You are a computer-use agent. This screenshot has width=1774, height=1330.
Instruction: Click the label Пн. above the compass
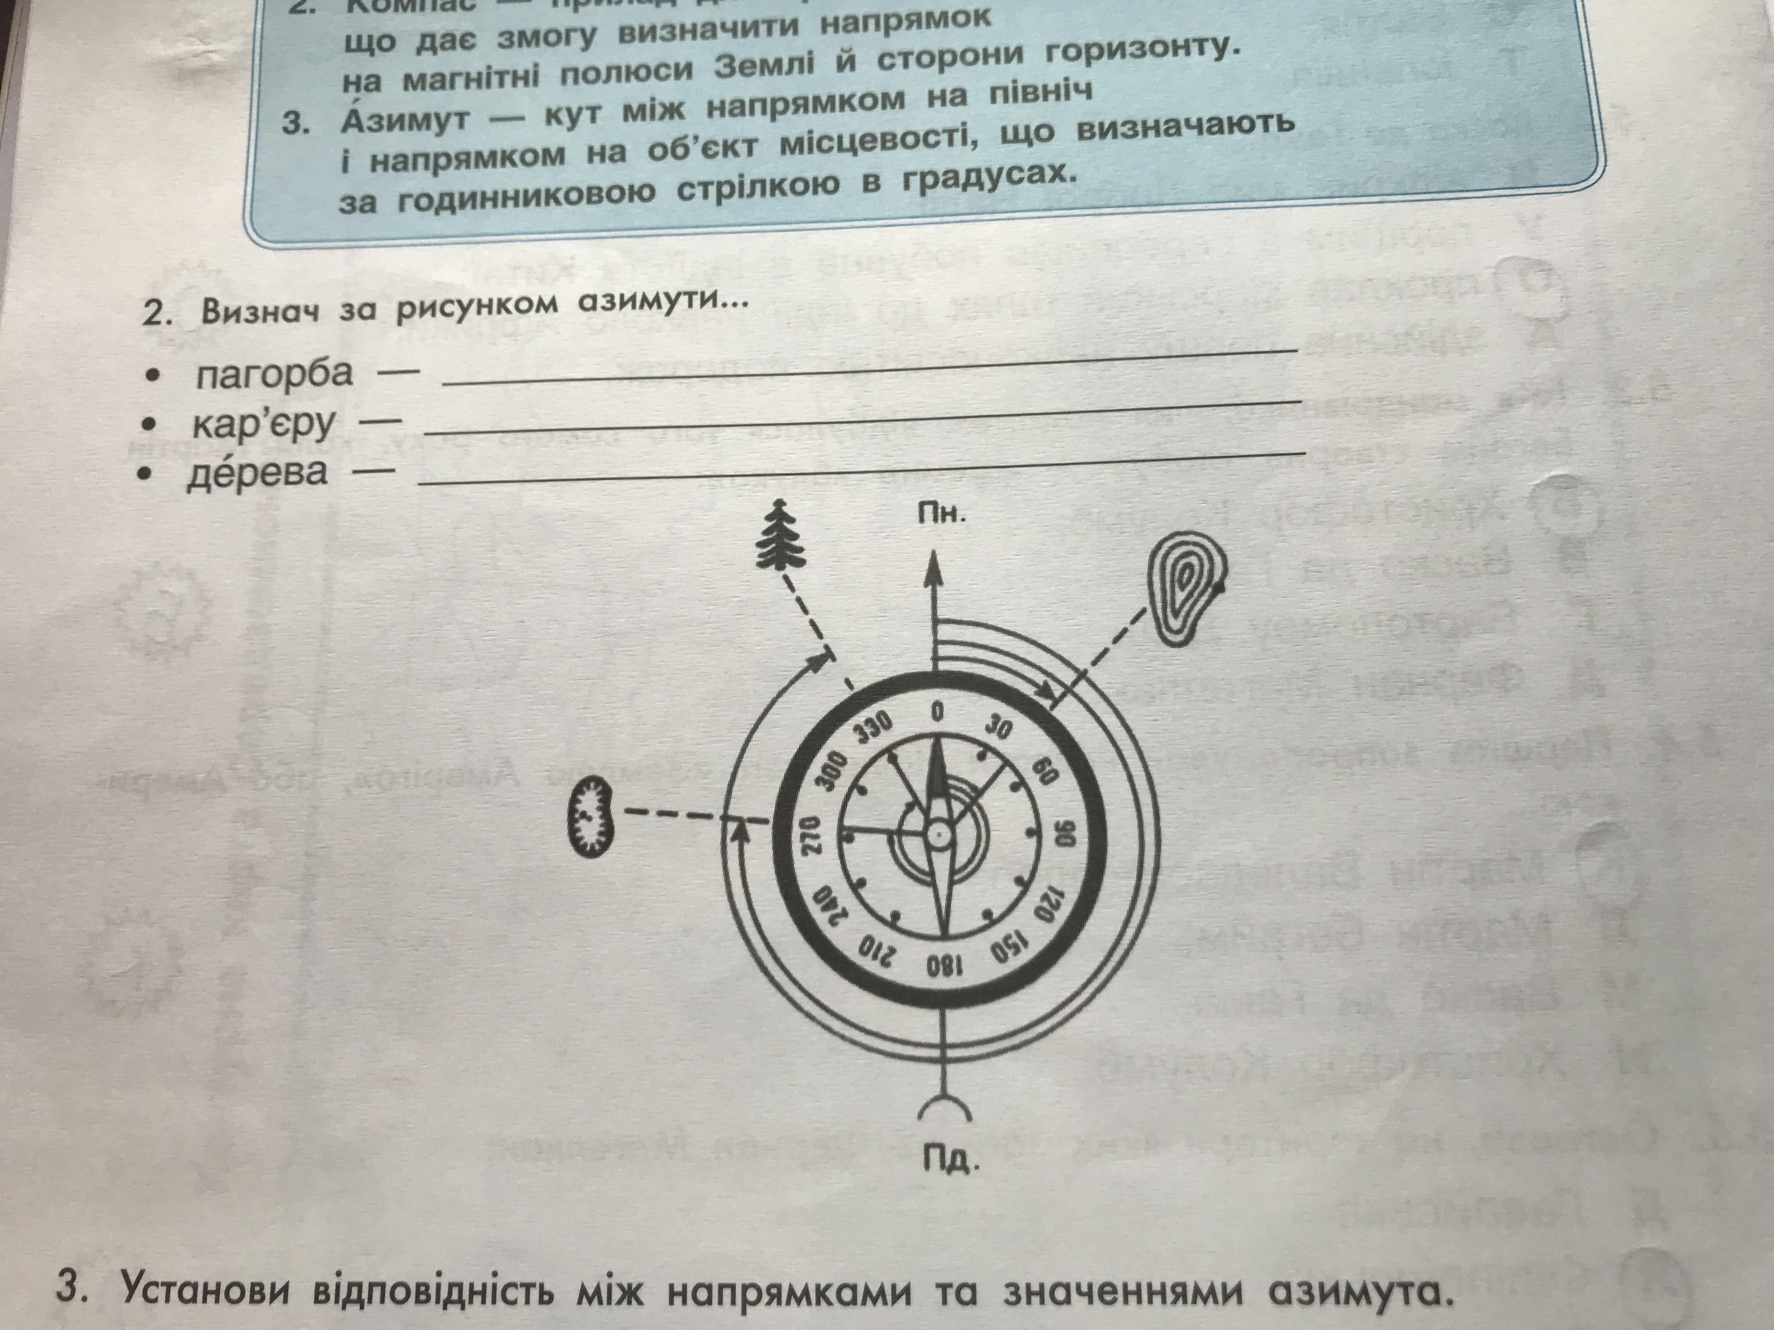[942, 514]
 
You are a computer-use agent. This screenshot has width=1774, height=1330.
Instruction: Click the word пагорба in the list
[274, 373]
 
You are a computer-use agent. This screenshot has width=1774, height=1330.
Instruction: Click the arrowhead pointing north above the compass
[933, 572]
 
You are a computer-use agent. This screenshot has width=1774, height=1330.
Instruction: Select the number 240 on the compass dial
[831, 907]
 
